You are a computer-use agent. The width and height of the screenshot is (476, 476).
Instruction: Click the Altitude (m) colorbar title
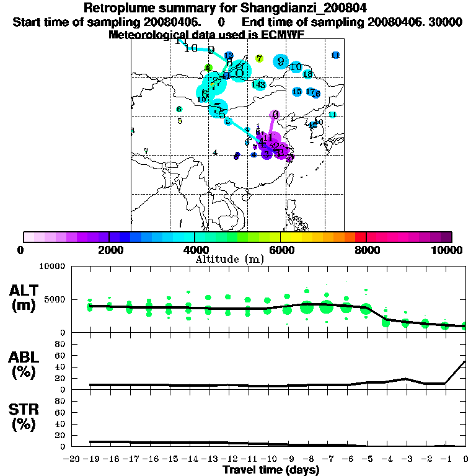230,259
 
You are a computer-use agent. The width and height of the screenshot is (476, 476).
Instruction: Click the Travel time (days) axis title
271,470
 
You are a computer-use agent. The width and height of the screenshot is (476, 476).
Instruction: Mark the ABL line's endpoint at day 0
465,361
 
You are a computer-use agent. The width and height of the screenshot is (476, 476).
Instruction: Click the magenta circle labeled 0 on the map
275,114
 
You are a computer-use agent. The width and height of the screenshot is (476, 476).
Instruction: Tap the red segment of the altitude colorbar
360,237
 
